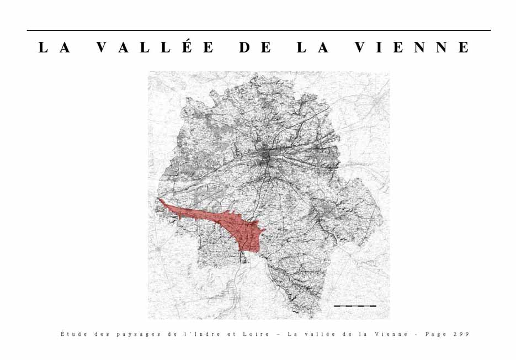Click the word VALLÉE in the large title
click(x=155, y=47)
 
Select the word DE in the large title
click(x=256, y=47)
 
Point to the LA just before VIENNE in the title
click(x=313, y=47)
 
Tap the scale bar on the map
click(x=355, y=305)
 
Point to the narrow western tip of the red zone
click(x=161, y=202)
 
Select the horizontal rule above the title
click(x=258, y=30)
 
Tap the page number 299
click(x=461, y=334)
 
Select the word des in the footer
click(x=100, y=334)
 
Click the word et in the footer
click(x=231, y=334)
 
